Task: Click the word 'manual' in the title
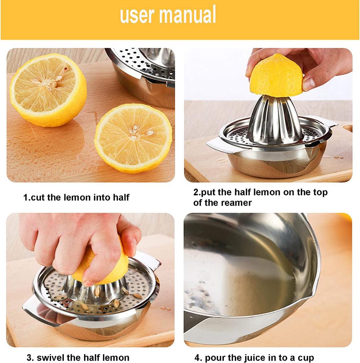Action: pos(188,15)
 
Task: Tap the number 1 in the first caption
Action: pos(26,197)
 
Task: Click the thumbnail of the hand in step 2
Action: pos(308,83)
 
